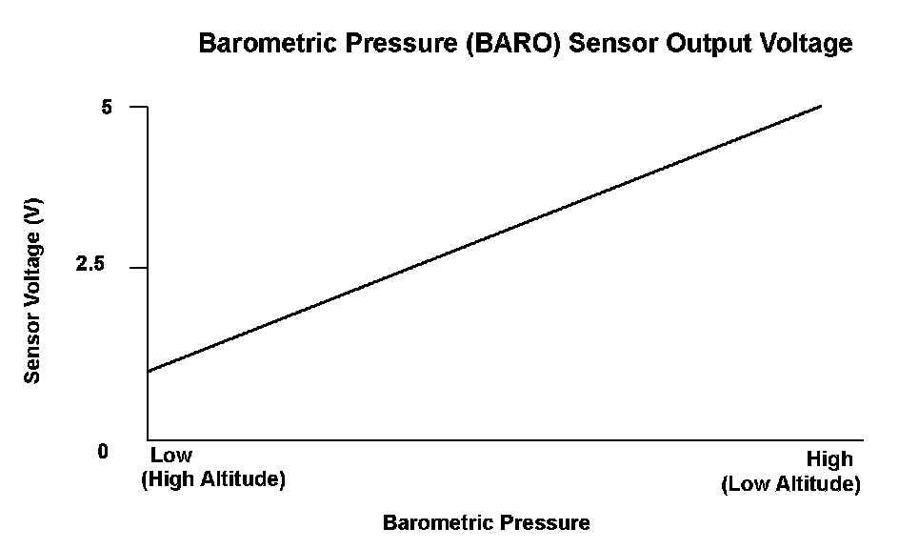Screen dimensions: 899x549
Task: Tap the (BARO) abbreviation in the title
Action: [x=512, y=44]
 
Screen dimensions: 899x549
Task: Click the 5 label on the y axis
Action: [x=107, y=108]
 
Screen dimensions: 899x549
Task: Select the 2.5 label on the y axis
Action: [x=90, y=264]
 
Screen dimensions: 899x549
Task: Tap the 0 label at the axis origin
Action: [x=103, y=452]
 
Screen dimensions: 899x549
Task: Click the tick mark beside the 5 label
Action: [x=139, y=107]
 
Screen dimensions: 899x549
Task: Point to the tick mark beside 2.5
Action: [x=139, y=267]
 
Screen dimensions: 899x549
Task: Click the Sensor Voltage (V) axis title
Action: [x=32, y=291]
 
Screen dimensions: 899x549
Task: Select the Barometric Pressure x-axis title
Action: [x=487, y=522]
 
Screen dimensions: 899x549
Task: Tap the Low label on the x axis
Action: [x=170, y=455]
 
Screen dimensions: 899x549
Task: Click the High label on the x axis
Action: [x=829, y=459]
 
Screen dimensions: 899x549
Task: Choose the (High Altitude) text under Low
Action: [x=213, y=478]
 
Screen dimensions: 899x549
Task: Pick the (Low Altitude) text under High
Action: [x=791, y=484]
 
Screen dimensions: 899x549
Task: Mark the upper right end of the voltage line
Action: [x=821, y=106]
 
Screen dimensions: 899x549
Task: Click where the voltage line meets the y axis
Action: [x=148, y=372]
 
